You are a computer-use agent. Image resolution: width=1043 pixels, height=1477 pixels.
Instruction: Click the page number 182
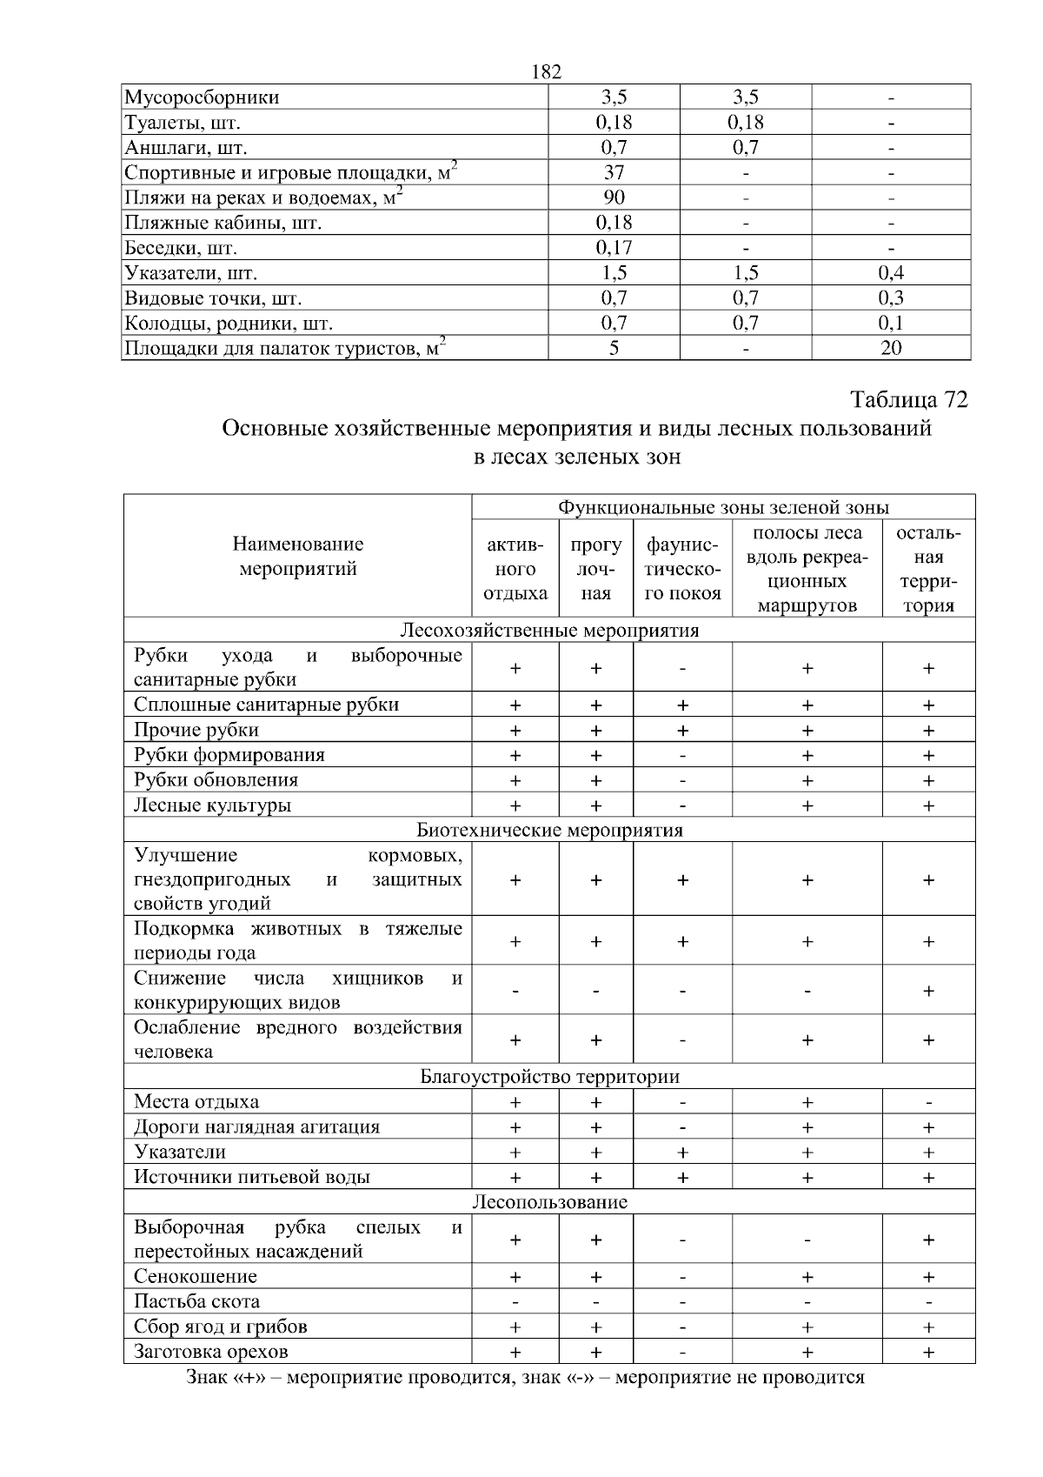point(546,72)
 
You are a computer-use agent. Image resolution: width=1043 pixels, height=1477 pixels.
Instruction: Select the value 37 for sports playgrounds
point(614,172)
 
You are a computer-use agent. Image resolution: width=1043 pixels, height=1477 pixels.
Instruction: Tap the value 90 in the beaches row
point(614,197)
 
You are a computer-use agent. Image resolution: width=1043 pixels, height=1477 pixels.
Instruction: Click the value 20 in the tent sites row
point(891,348)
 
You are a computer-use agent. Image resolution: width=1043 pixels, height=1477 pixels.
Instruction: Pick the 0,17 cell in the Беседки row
point(614,248)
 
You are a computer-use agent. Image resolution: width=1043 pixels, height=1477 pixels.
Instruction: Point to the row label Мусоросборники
point(202,97)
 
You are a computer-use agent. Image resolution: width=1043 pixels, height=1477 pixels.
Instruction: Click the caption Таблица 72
point(908,399)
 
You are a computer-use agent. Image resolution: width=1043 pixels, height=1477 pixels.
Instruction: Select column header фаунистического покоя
point(683,570)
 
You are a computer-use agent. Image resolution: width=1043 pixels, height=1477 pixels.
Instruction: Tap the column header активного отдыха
point(515,570)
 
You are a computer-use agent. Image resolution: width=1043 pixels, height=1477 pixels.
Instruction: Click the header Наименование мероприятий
point(298,557)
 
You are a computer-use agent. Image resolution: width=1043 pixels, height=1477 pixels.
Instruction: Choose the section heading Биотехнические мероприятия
point(549,830)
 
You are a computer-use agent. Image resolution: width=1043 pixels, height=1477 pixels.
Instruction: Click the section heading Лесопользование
point(549,1202)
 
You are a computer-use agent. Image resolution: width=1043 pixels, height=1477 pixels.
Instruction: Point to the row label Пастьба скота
point(197,1301)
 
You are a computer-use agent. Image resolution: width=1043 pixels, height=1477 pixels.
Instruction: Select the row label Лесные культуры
point(212,805)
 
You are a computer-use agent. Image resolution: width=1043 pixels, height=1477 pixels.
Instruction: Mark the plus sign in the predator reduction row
point(928,991)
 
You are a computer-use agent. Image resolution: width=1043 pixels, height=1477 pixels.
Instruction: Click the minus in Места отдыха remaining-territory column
point(928,1103)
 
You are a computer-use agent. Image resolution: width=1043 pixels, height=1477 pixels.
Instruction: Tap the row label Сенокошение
point(196,1277)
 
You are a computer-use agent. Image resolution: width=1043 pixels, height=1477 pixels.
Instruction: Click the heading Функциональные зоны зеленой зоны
point(723,507)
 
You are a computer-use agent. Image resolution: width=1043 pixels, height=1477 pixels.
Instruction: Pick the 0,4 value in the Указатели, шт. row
point(891,273)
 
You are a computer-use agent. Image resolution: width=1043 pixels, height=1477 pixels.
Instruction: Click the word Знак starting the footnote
point(208,1378)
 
